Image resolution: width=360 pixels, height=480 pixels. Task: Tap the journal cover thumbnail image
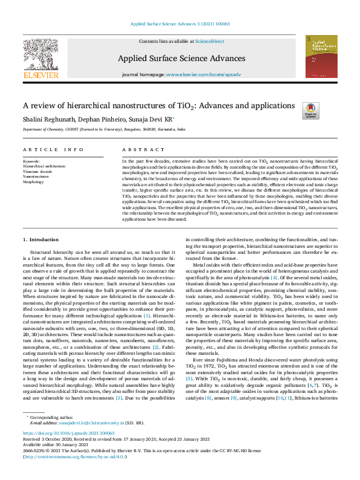321,55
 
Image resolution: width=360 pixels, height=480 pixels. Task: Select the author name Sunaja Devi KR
148,119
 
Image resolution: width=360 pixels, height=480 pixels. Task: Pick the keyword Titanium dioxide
38,171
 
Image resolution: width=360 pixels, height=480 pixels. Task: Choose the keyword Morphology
34,181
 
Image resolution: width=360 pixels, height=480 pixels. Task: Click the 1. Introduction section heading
41,240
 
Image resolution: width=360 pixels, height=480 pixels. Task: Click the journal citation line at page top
180,24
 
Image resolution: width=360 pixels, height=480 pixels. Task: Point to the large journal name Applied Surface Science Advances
182,59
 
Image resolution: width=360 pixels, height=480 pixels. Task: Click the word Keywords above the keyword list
31,161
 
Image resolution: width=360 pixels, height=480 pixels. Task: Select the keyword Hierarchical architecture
44,166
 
